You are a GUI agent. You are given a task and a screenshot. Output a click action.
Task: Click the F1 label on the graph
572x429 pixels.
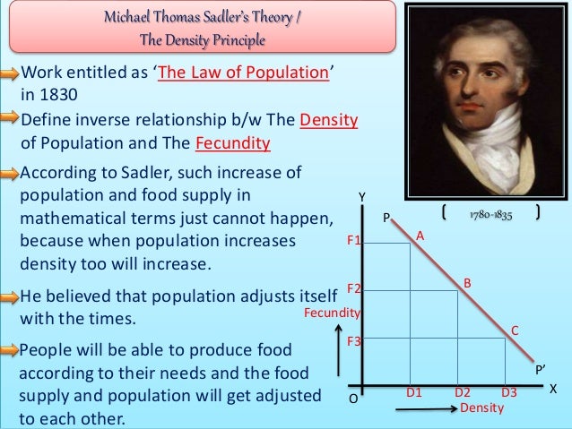pos(353,242)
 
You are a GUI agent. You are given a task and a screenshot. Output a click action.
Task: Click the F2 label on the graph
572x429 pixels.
pos(353,288)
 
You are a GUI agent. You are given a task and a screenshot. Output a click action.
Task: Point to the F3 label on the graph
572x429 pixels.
pos(353,341)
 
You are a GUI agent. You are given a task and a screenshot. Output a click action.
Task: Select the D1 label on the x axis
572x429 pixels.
pos(414,392)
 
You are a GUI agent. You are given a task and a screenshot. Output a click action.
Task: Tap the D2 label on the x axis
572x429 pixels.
pos(463,392)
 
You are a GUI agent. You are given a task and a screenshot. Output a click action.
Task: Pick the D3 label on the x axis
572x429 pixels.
pos(509,392)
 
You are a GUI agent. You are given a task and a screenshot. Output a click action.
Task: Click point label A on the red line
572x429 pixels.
pos(419,235)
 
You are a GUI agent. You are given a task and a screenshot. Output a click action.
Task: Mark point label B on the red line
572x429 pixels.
pos(467,283)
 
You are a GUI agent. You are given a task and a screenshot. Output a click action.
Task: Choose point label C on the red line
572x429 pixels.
pos(515,330)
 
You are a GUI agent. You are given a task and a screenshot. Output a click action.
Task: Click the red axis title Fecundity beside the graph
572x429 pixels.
pos(332,313)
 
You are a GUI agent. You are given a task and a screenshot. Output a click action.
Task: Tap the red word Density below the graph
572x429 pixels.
pos(481,408)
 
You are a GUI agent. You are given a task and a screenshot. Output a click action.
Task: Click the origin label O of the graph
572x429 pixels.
pos(352,399)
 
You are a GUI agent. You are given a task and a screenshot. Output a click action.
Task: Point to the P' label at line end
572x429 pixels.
pos(541,369)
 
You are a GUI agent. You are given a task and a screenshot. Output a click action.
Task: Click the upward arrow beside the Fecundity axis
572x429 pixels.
pos(337,363)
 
